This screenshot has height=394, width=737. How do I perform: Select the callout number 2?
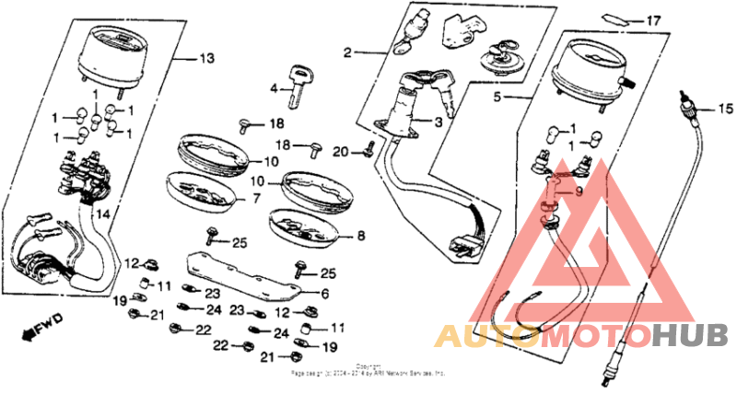[347, 52]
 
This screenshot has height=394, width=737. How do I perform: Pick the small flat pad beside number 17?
[615, 19]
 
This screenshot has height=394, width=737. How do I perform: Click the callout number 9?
[579, 191]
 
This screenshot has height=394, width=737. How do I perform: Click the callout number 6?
[323, 294]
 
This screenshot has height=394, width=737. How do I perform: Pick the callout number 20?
[341, 151]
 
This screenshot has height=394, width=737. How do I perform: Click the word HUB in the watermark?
[690, 336]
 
